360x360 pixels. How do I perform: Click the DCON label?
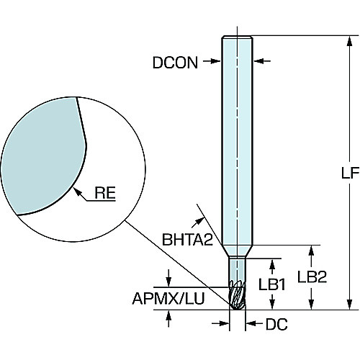coord(175,63)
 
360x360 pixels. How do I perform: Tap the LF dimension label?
coord(350,173)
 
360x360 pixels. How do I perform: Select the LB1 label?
coord(272,284)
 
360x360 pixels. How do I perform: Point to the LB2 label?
coord(312,276)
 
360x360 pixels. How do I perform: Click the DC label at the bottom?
coord(276,325)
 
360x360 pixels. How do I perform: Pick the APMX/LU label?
coord(168,299)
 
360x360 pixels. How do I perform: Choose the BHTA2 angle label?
coord(187,240)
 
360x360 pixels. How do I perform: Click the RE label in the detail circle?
coord(105,192)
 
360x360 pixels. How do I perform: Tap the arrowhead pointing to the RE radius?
coord(76,192)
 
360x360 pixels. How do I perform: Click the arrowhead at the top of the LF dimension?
coord(350,41)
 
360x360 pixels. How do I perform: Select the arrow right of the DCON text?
coord(212,61)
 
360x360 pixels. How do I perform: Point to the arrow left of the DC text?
coord(220,324)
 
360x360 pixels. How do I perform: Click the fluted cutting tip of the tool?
coord(238,294)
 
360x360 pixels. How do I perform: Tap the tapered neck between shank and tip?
coord(237,251)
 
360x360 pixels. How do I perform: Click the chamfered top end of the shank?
coord(237,37)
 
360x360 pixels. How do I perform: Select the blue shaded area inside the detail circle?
coord(43,156)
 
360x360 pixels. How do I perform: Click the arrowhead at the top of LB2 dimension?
coord(311,251)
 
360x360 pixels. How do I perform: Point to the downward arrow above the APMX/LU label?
coord(168,278)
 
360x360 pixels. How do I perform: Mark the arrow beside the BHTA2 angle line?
coord(197,222)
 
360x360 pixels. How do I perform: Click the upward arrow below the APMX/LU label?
coord(168,318)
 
